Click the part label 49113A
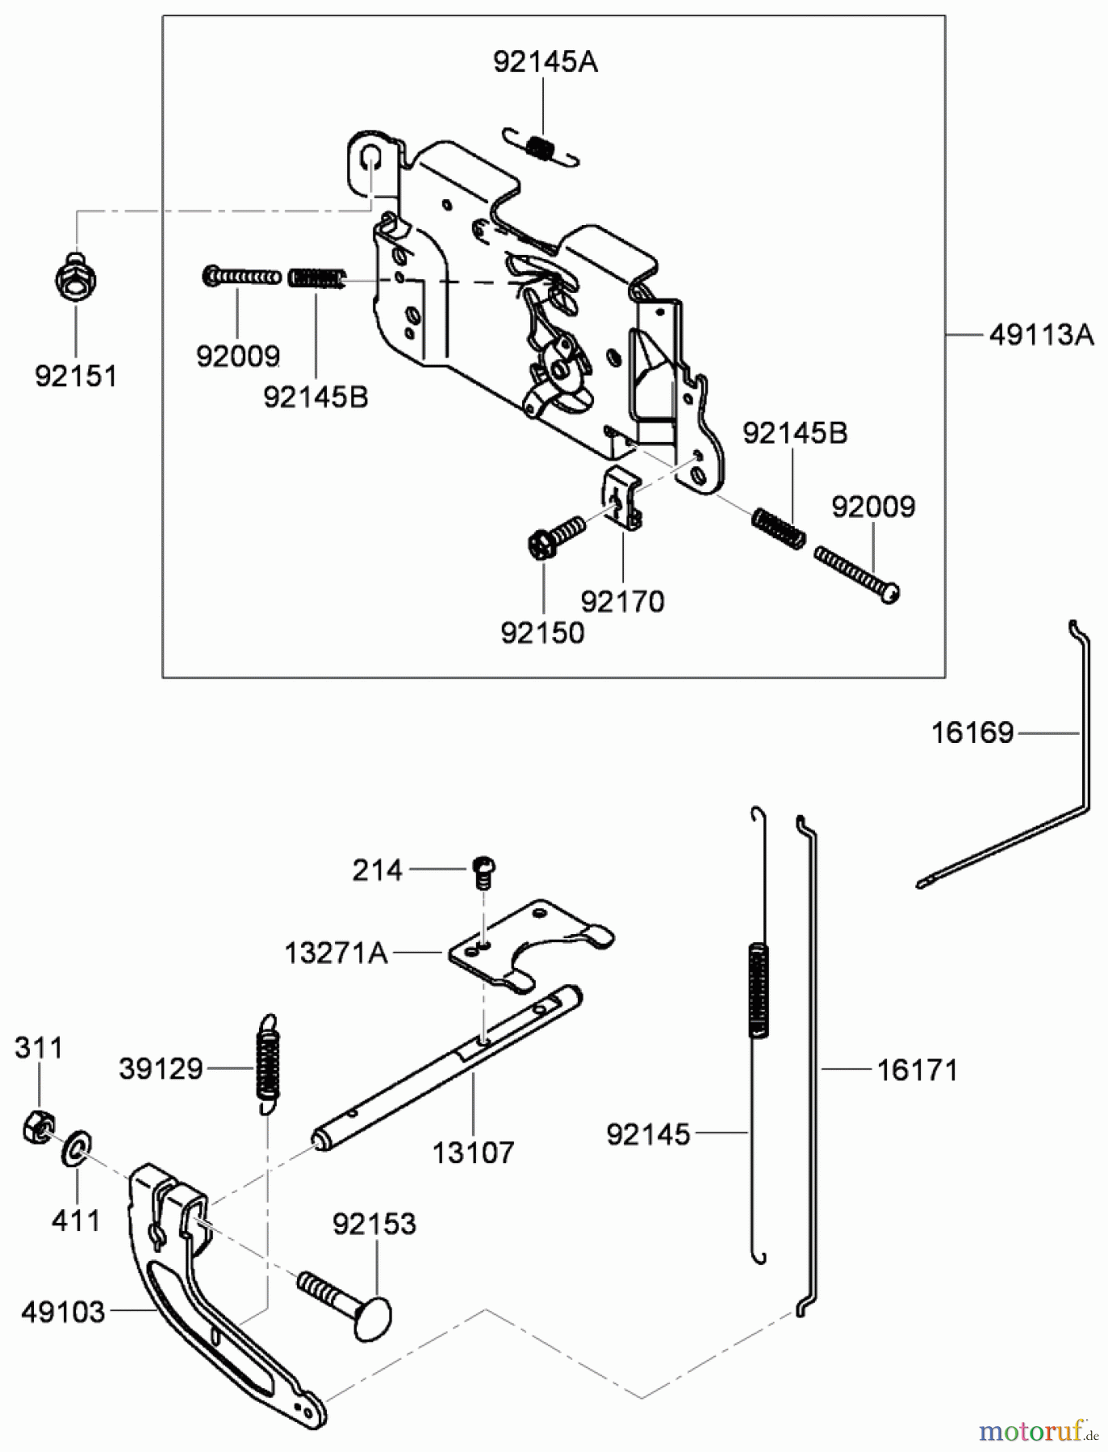coord(1041,334)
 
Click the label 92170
coord(622,601)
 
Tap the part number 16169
coord(972,732)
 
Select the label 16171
coord(917,1070)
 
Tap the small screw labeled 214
coord(483,870)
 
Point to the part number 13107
coord(473,1152)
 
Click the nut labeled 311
coord(37,1126)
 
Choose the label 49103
coord(63,1312)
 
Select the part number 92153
coord(374,1224)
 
